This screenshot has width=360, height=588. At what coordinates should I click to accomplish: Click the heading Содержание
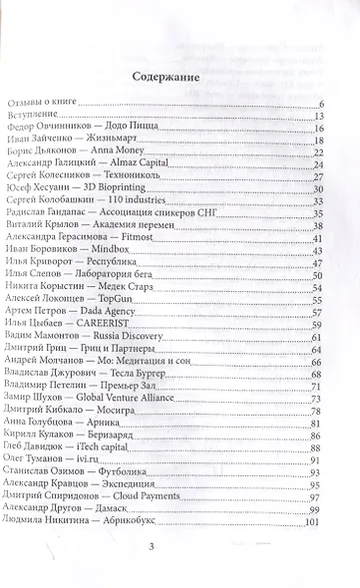pos(180,75)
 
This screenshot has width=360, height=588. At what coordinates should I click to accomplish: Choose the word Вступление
pos(39,116)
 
